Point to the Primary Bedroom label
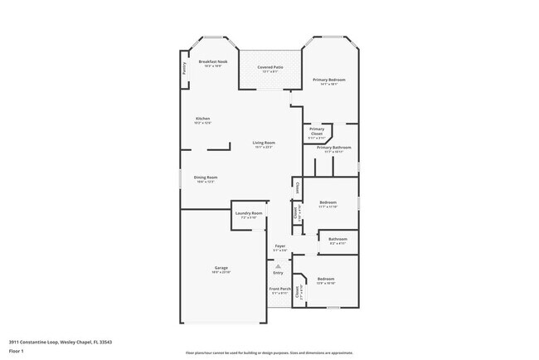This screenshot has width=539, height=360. [329, 80]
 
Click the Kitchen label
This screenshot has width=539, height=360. [203, 119]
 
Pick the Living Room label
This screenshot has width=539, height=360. [265, 144]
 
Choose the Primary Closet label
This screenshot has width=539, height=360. [317, 130]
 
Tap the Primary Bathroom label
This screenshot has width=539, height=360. [334, 148]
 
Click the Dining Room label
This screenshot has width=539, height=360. [206, 178]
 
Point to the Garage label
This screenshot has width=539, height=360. [221, 269]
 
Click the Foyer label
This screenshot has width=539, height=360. [280, 246]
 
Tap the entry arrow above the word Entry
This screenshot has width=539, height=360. [278, 266]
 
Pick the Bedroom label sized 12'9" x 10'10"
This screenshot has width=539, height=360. [326, 280]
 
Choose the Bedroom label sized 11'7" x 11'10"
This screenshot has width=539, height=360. [328, 202]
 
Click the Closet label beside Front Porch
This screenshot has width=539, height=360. [298, 292]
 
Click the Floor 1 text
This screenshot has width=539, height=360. [17, 351]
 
